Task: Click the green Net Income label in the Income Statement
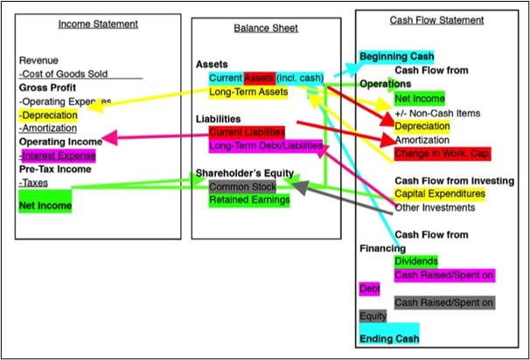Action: pyautogui.click(x=45, y=205)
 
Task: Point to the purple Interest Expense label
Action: pyautogui.click(x=59, y=156)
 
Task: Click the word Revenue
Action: pyautogui.click(x=38, y=60)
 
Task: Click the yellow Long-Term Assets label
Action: pyautogui.click(x=248, y=92)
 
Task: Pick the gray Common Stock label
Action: pyautogui.click(x=242, y=187)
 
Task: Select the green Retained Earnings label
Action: pyautogui.click(x=249, y=200)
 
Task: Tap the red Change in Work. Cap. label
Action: pyautogui.click(x=442, y=153)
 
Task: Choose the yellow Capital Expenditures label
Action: pyautogui.click(x=440, y=193)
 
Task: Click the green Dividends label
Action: pyautogui.click(x=416, y=261)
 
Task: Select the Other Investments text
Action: pyautogui.click(x=435, y=207)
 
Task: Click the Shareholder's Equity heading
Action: pyautogui.click(x=245, y=173)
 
